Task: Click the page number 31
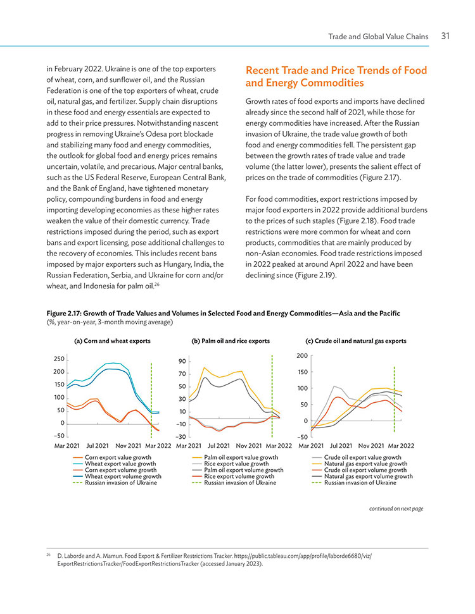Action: [x=445, y=36]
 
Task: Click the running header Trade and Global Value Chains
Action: [x=378, y=37]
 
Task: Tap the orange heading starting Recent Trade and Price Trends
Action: [x=336, y=77]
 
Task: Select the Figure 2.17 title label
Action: [x=223, y=313]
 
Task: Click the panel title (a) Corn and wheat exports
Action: [x=112, y=341]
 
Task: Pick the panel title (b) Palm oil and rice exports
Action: [x=231, y=341]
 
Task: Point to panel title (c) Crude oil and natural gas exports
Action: [x=356, y=341]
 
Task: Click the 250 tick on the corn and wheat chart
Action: [x=59, y=359]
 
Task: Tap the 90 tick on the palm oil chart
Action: [x=182, y=361]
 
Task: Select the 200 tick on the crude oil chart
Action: [x=302, y=355]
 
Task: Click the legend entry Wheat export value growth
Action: [x=120, y=464]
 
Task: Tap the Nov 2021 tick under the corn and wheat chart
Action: [x=129, y=446]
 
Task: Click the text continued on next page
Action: [x=396, y=508]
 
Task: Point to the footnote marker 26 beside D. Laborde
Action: [x=49, y=555]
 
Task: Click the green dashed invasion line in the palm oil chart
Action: [x=272, y=396]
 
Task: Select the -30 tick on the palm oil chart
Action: [x=181, y=436]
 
